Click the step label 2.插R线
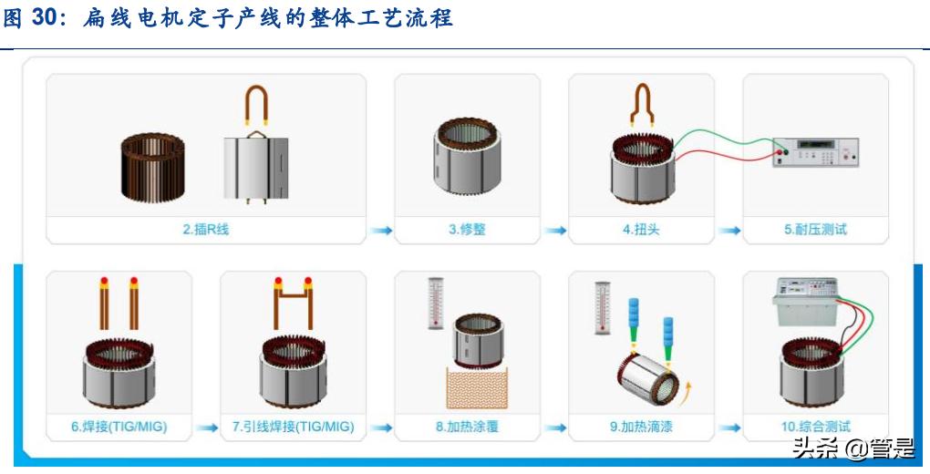pyautogui.click(x=205, y=230)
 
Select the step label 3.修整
pyautogui.click(x=467, y=230)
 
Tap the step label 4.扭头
pyautogui.click(x=641, y=230)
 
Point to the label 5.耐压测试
pyautogui.click(x=815, y=230)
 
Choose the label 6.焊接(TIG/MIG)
pyautogui.click(x=119, y=427)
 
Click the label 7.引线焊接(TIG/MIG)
pyautogui.click(x=293, y=427)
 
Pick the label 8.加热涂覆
pyautogui.click(x=467, y=427)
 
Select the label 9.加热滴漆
pyautogui.click(x=641, y=427)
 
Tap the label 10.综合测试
pyautogui.click(x=815, y=427)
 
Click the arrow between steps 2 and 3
pyautogui.click(x=380, y=231)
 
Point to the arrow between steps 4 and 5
pyautogui.click(x=728, y=231)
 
